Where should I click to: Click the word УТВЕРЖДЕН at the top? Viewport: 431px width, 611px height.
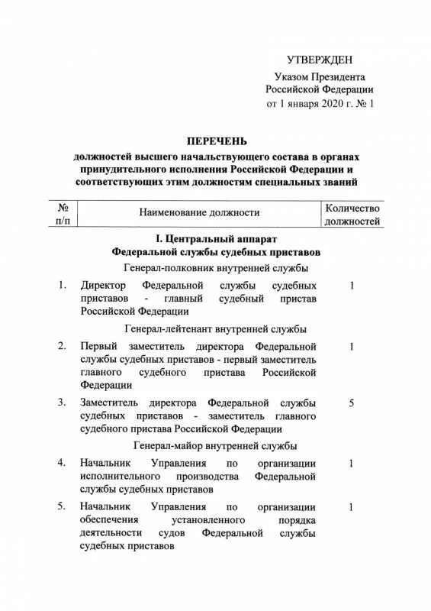point(320,60)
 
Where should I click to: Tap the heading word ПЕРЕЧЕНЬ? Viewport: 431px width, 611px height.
point(215,140)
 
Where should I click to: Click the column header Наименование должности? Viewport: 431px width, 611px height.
point(198,213)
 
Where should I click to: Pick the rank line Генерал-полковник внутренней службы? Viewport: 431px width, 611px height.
point(215,267)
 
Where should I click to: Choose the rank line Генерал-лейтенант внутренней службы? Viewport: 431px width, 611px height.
point(215,329)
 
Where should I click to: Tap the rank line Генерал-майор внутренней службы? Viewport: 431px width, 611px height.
point(215,445)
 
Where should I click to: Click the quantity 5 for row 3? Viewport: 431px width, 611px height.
point(352,402)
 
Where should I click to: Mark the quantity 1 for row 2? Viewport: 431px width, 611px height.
point(352,347)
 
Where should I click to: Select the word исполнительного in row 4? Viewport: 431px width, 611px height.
point(121,476)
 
